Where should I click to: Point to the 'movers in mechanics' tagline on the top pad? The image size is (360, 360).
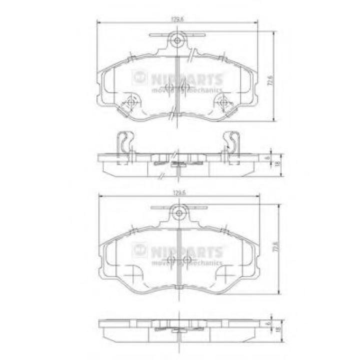(186, 90)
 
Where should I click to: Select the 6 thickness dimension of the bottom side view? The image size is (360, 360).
(268, 324)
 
